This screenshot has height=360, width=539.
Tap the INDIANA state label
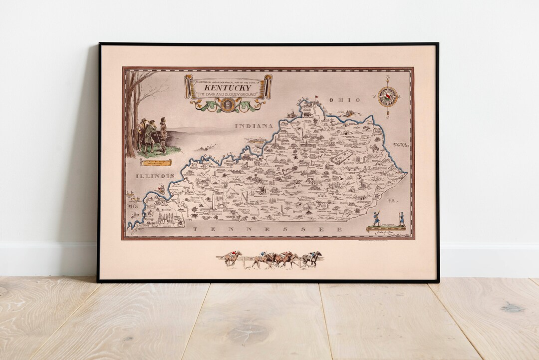pyautogui.click(x=255, y=126)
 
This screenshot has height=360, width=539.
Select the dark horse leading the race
pyautogui.click(x=312, y=258)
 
